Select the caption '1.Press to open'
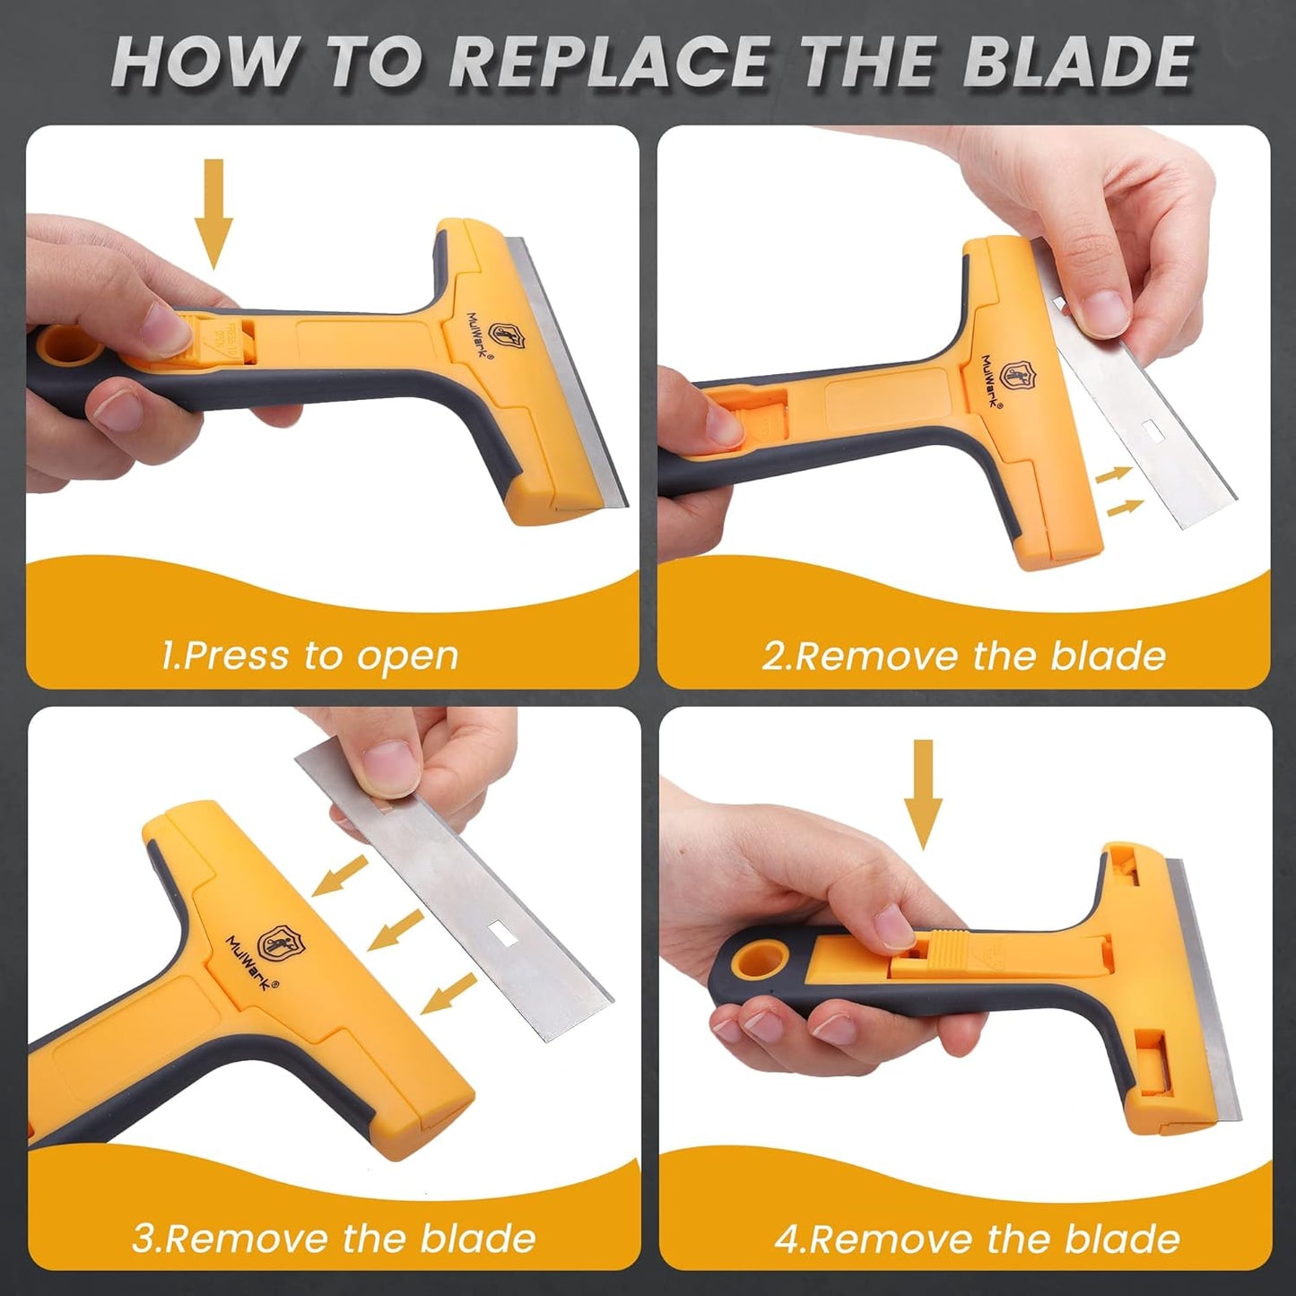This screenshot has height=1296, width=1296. [x=309, y=656]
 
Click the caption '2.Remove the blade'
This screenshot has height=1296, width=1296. [x=963, y=656]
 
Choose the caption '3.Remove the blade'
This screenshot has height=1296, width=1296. [x=334, y=1239]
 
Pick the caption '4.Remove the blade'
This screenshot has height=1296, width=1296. [x=978, y=1239]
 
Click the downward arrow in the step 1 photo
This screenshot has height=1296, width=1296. [x=213, y=213]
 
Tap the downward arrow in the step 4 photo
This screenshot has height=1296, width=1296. [x=922, y=794]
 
